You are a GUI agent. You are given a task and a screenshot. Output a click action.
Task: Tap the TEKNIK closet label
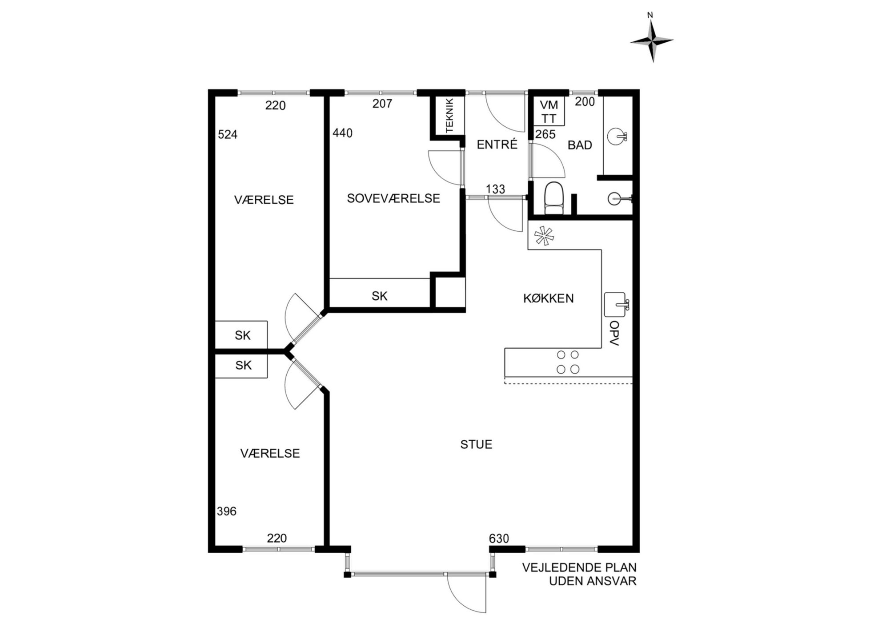click(x=449, y=115)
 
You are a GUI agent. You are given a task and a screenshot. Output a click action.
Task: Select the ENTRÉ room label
click(x=497, y=145)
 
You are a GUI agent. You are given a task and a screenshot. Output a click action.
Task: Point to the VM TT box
click(x=549, y=112)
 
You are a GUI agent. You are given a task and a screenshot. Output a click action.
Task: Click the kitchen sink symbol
click(x=617, y=305)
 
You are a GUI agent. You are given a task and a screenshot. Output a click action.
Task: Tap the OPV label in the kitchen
click(x=614, y=333)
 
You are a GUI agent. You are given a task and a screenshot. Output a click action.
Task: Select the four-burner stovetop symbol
click(x=568, y=362)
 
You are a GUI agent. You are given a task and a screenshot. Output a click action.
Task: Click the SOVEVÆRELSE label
click(x=393, y=198)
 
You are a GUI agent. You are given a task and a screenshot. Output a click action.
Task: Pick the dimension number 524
click(x=228, y=134)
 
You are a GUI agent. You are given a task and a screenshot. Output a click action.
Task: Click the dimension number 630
click(x=499, y=539)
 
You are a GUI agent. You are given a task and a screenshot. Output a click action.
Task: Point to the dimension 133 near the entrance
click(x=495, y=189)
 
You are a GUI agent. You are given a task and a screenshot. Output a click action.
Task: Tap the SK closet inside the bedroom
click(x=380, y=296)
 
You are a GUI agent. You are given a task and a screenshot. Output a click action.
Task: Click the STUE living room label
click(x=476, y=444)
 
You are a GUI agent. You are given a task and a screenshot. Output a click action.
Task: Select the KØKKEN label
click(x=549, y=298)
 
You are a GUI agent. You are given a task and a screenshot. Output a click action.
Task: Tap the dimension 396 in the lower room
click(x=226, y=511)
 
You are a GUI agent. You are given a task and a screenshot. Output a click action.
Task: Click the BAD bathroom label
click(x=580, y=145)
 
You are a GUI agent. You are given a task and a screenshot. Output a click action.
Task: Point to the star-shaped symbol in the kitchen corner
click(x=544, y=236)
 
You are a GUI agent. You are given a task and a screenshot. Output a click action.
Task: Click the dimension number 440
click(x=342, y=133)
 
